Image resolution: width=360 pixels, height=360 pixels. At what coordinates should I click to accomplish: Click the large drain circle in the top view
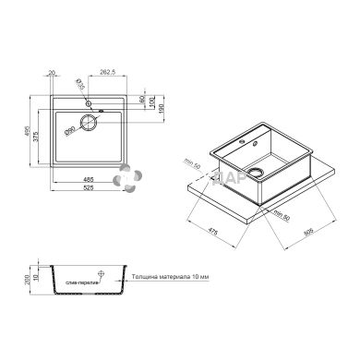click(x=89, y=122)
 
